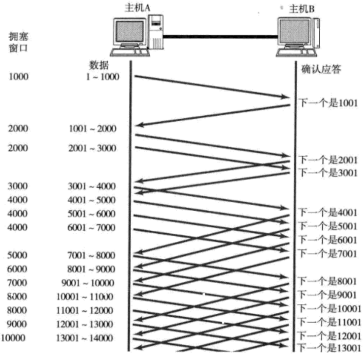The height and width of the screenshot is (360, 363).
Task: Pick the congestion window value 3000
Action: click(18, 186)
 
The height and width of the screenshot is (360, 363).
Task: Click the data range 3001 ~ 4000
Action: click(92, 186)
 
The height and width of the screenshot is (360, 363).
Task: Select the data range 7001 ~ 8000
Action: click(92, 256)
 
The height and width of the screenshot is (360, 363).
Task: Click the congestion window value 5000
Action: click(18, 256)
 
